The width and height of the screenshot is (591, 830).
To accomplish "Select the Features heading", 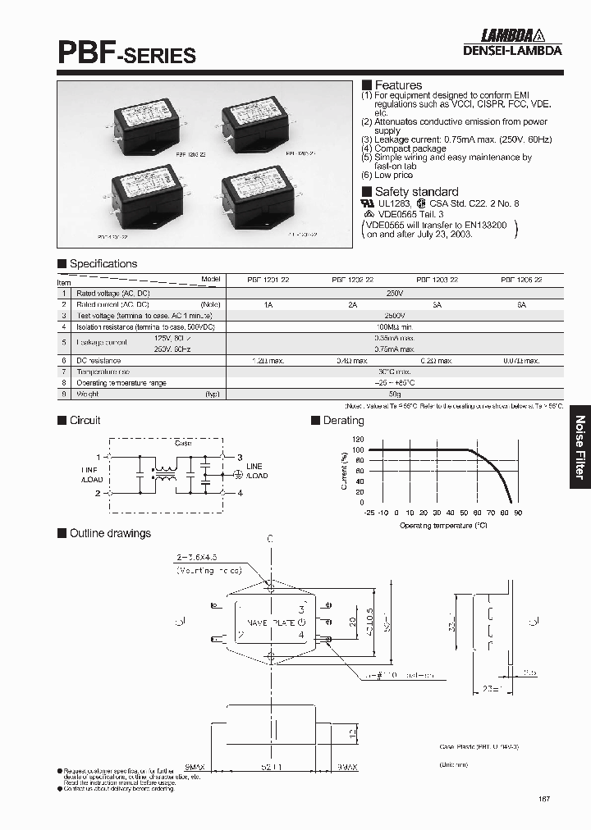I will tap(398, 85).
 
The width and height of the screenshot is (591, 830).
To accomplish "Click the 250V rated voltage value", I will tap(395, 292).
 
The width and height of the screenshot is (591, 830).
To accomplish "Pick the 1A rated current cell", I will tap(268, 303).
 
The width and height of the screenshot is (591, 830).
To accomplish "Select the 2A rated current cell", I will tap(352, 303).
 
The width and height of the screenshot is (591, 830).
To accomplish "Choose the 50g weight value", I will tap(395, 394).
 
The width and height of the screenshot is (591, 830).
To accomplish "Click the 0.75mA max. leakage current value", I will tap(395, 349).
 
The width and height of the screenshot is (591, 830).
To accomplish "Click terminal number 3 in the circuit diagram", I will tap(240, 457).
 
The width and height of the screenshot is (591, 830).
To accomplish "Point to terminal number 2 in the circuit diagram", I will tap(98, 493).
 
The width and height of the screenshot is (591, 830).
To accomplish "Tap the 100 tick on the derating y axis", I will tap(357, 449).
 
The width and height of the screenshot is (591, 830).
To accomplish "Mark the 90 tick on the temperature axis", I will tap(518, 513).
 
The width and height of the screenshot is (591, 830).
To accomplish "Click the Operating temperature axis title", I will tap(443, 524).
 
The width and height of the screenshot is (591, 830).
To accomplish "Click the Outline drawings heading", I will tap(110, 533).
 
